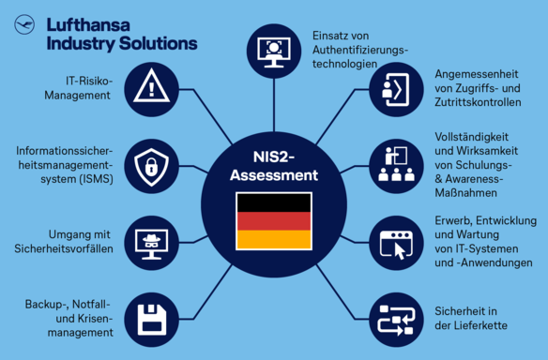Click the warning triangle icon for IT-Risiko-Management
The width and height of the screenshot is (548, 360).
tap(150, 89)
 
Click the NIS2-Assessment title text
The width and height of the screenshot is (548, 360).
tap(273, 165)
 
